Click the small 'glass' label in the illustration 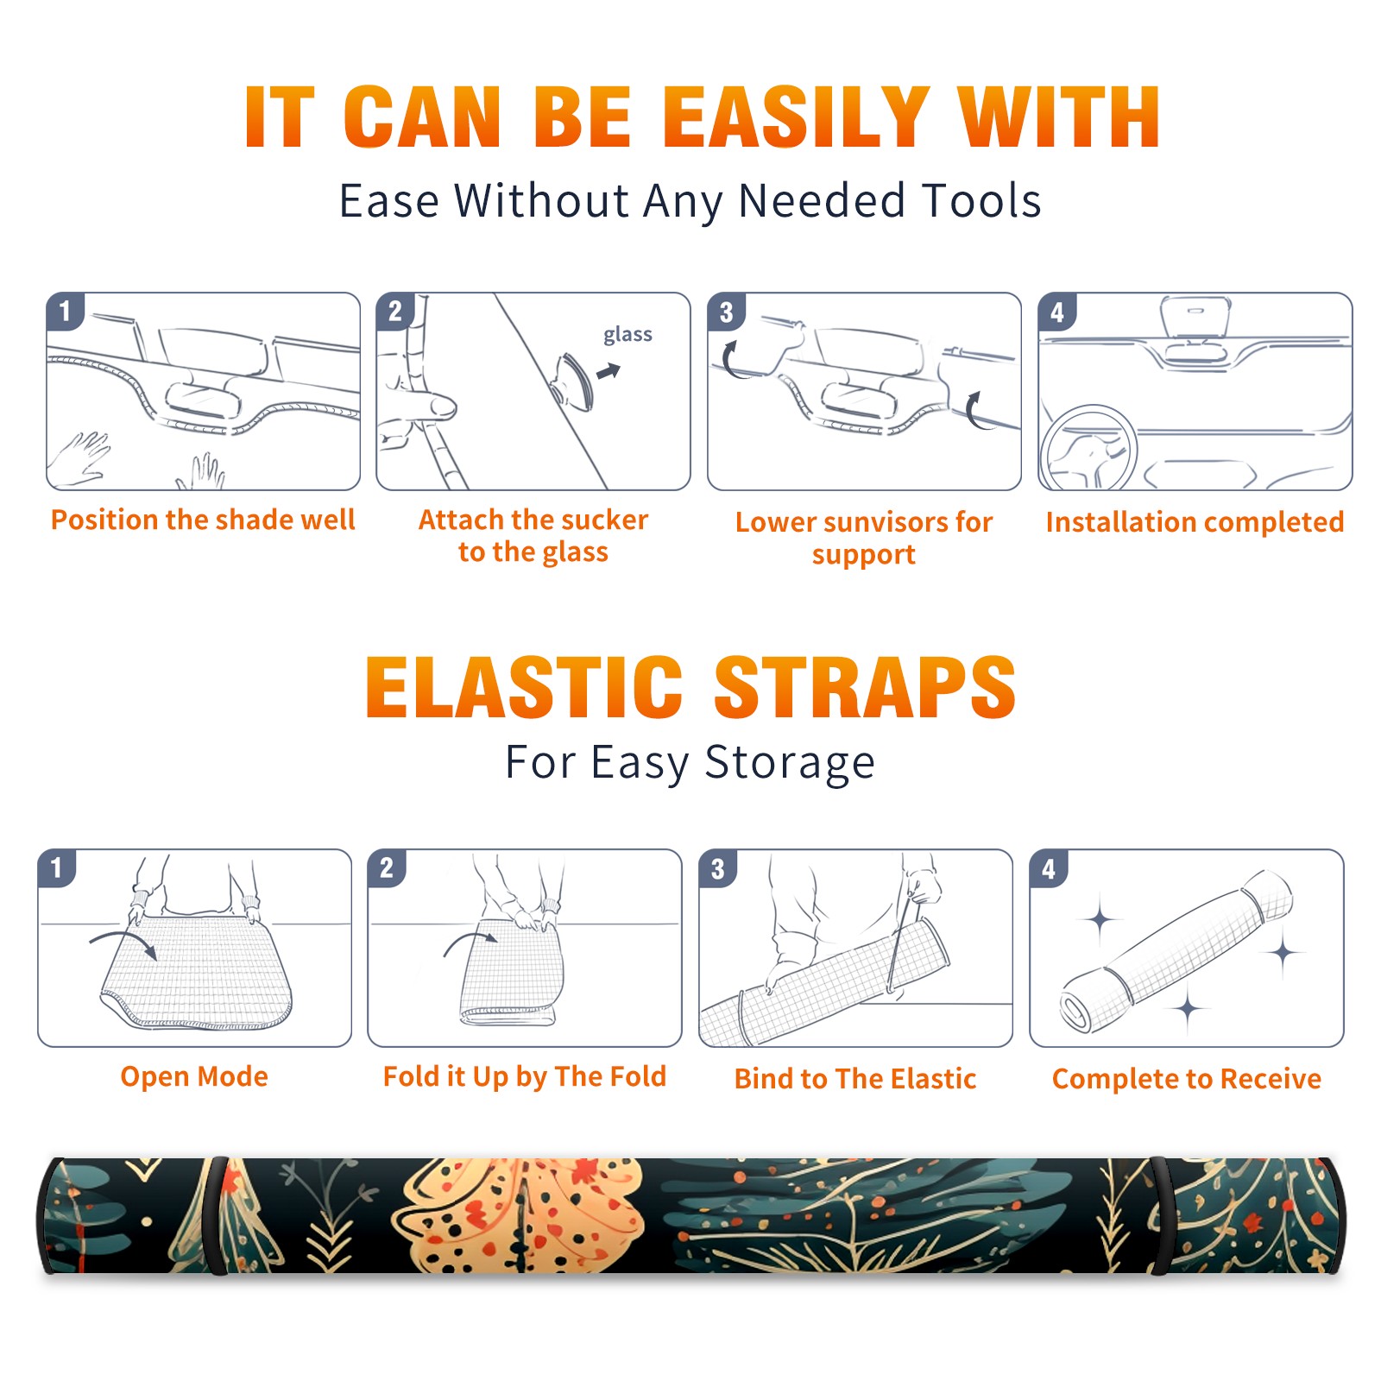[627, 335]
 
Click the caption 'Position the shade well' [203, 520]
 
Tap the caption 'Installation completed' [1195, 522]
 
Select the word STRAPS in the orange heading [865, 687]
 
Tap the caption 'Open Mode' [194, 1076]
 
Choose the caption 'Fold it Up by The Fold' [525, 1077]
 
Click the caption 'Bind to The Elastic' [855, 1079]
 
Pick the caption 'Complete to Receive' [1187, 1079]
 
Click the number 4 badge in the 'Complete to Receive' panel [1049, 868]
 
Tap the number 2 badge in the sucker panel [395, 311]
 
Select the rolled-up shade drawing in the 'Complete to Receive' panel [1176, 951]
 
